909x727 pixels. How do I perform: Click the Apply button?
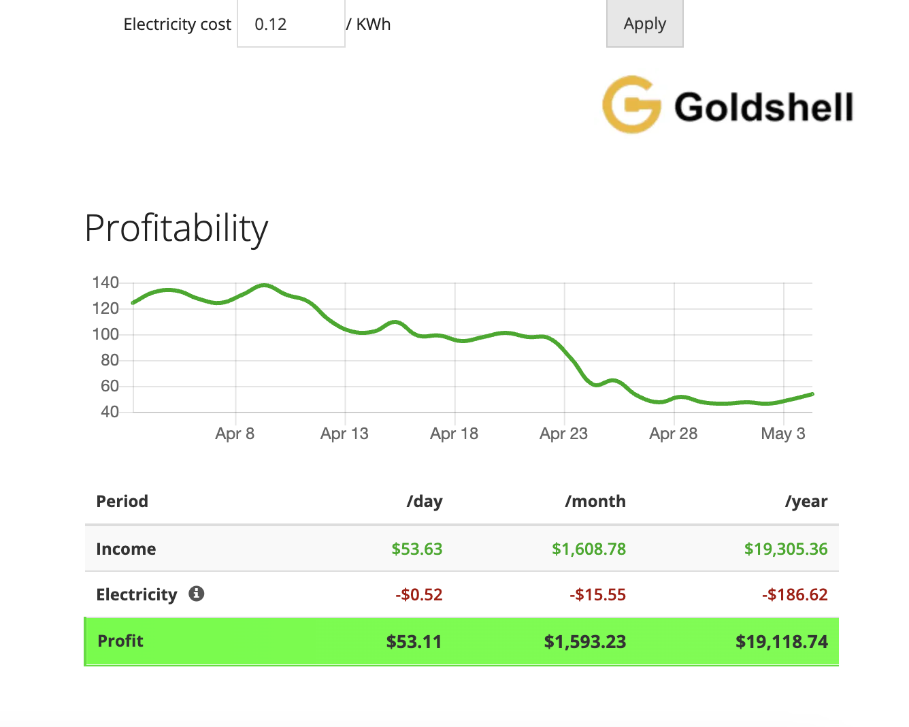[644, 24]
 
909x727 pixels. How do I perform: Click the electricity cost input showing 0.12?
[291, 25]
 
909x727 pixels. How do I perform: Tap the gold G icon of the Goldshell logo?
[631, 105]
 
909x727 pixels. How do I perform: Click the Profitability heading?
[176, 228]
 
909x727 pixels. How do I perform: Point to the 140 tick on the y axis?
[105, 282]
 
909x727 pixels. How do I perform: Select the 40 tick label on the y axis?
[110, 412]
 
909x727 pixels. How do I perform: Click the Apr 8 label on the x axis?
[235, 434]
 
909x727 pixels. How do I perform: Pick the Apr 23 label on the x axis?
[563, 434]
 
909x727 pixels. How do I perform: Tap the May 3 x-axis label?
[782, 434]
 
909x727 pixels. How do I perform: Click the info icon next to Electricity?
[197, 594]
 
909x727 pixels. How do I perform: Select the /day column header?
[425, 502]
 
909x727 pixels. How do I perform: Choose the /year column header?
[806, 502]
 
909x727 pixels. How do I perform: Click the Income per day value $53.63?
[416, 549]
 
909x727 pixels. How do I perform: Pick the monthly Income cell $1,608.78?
[589, 549]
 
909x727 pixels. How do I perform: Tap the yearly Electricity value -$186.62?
[795, 595]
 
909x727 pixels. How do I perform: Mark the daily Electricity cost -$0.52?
[418, 595]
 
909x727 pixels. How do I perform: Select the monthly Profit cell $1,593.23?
[584, 642]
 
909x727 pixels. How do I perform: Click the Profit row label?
[120, 641]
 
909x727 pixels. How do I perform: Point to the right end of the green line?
[812, 394]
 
